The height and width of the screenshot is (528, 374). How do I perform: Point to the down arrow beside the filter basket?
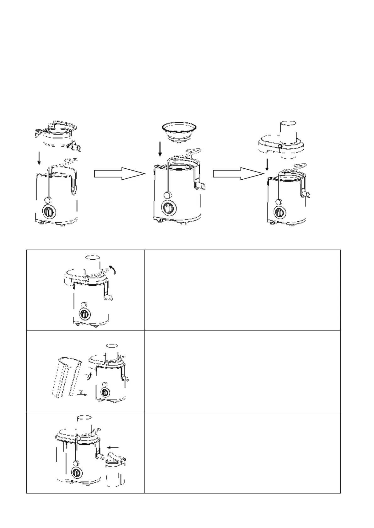[x=160, y=149]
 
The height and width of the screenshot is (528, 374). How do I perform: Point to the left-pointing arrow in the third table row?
[x=113, y=447]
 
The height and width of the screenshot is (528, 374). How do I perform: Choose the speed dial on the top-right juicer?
[x=279, y=212]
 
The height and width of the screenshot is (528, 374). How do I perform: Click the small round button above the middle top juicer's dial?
[x=167, y=195]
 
